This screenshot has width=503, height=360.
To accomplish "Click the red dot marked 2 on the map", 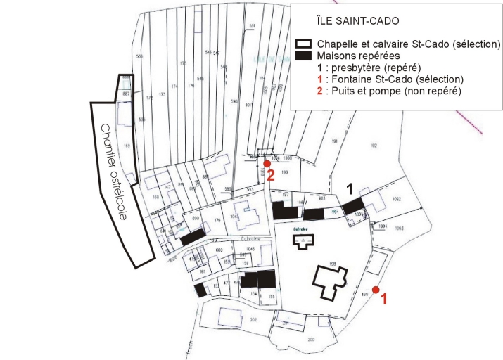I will (x=267, y=164).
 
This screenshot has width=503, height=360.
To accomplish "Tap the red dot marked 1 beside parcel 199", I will (x=376, y=290).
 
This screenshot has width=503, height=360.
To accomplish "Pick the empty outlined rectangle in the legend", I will (x=303, y=44).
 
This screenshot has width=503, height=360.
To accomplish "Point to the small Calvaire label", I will (x=303, y=229).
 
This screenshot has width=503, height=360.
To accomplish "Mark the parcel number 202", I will (x=233, y=319).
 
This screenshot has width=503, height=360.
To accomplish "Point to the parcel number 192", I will (x=374, y=146).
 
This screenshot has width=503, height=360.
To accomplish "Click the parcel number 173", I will (x=162, y=94).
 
